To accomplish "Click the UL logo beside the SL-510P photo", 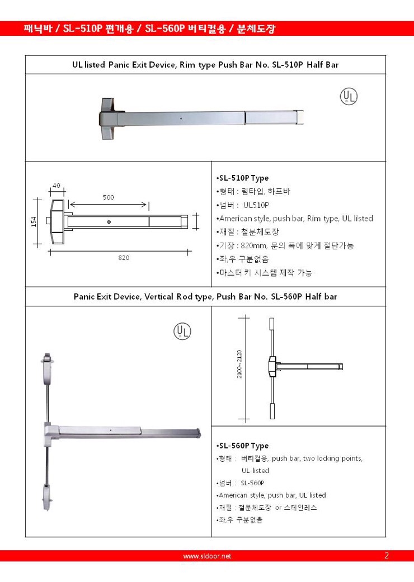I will (349, 97).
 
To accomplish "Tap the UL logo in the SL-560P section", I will (182, 331).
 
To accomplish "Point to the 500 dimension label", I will (109, 197).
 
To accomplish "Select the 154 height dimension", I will (34, 222).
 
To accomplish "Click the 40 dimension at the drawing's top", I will (57, 186).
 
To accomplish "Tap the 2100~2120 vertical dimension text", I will (239, 365).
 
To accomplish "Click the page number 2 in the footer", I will (387, 556).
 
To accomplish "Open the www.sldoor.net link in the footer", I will (207, 556).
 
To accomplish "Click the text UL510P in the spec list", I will (256, 205).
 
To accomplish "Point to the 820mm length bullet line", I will (285, 245).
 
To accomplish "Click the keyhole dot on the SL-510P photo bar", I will (181, 119).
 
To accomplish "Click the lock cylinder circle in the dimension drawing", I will (109, 222).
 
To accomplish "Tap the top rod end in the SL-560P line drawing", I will (272, 325).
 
